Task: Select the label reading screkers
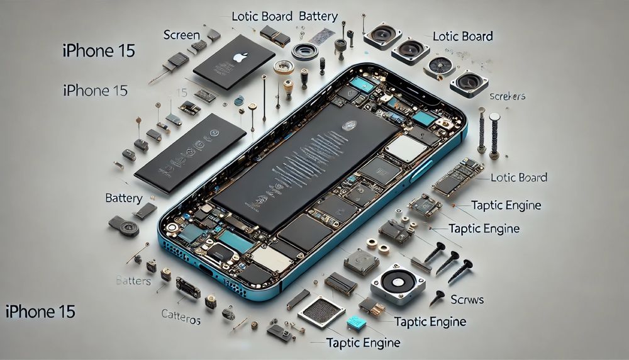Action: [506, 96]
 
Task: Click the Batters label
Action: [133, 281]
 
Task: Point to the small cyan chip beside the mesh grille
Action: [357, 322]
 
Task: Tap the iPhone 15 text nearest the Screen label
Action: [99, 51]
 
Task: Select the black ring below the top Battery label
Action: [306, 51]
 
